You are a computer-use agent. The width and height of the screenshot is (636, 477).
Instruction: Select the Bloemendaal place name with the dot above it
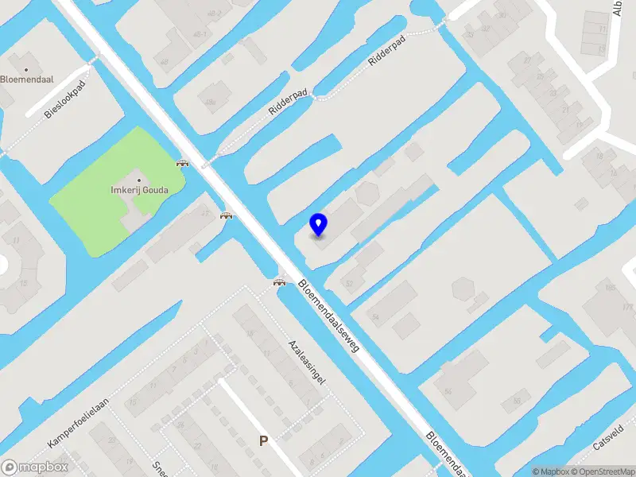pyautogui.click(x=27, y=79)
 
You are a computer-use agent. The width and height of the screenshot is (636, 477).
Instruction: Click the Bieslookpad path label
pyautogui.click(x=64, y=102)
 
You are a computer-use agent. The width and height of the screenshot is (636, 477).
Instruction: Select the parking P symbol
pyautogui.click(x=263, y=440)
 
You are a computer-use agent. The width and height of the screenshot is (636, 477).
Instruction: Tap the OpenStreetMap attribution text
pyautogui.click(x=601, y=471)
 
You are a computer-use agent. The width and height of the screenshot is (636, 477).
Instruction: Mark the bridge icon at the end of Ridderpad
pyautogui.click(x=183, y=164)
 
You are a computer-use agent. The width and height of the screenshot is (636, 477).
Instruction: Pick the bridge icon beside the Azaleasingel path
pyautogui.click(x=279, y=281)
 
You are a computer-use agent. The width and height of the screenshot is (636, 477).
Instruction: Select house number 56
pyautogui.click(x=448, y=391)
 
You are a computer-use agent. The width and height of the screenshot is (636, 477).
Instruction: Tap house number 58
pyautogui.click(x=517, y=400)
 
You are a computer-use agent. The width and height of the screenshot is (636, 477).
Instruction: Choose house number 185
pyautogui.click(x=610, y=287)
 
